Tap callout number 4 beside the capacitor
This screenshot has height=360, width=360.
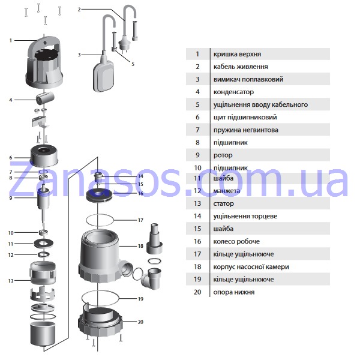11,100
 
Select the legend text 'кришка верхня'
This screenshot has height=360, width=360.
237,54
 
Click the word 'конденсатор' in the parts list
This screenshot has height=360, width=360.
233,92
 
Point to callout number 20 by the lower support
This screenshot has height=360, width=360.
140,322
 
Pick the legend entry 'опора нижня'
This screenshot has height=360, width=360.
234,292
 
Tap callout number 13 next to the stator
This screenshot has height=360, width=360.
11,281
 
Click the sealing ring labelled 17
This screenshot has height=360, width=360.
100,220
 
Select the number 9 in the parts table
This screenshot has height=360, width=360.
197,155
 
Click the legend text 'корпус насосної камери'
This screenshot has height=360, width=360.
251,267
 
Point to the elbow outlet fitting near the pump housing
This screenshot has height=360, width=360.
152,278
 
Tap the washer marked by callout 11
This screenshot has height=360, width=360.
44,244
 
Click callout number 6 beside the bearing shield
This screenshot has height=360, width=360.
11,158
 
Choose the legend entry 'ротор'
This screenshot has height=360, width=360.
223,155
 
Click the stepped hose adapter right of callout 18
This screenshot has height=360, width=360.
154,238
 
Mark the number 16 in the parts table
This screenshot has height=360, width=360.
197,242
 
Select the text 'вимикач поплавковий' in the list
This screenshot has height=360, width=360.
248,79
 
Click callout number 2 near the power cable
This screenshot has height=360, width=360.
79,10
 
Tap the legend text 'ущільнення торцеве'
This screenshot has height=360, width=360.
245,216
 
